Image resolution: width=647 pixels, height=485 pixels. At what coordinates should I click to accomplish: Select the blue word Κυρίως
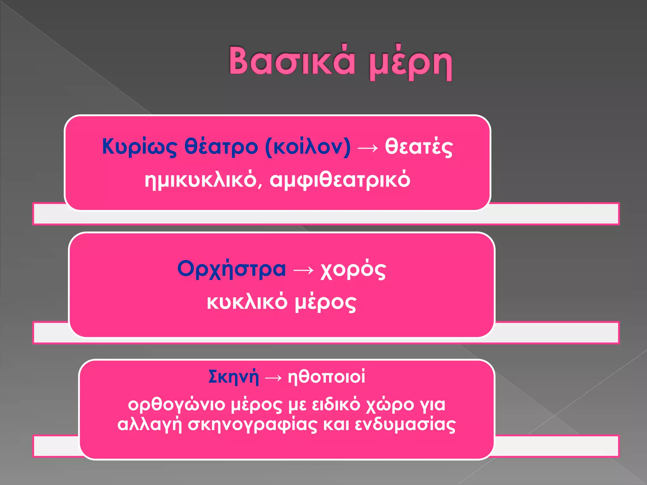pyautogui.click(x=139, y=147)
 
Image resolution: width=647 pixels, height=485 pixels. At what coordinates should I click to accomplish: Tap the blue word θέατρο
pyautogui.click(x=221, y=147)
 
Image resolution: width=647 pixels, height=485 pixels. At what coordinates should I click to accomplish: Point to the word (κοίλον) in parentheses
pyautogui.click(x=308, y=147)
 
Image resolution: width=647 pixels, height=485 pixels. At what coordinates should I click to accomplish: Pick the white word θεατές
pyautogui.click(x=419, y=147)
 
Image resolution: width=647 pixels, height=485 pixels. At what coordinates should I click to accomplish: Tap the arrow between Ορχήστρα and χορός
pyautogui.click(x=303, y=270)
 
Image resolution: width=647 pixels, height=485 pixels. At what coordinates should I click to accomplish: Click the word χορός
pyautogui.click(x=353, y=270)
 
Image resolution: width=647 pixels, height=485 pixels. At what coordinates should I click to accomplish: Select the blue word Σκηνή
pyautogui.click(x=233, y=377)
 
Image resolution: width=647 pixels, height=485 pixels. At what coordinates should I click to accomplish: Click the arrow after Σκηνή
pyautogui.click(x=273, y=378)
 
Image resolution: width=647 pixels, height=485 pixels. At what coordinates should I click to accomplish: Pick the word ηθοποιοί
pyautogui.click(x=326, y=377)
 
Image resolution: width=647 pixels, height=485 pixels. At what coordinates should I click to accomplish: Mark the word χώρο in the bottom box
pyautogui.click(x=390, y=405)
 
